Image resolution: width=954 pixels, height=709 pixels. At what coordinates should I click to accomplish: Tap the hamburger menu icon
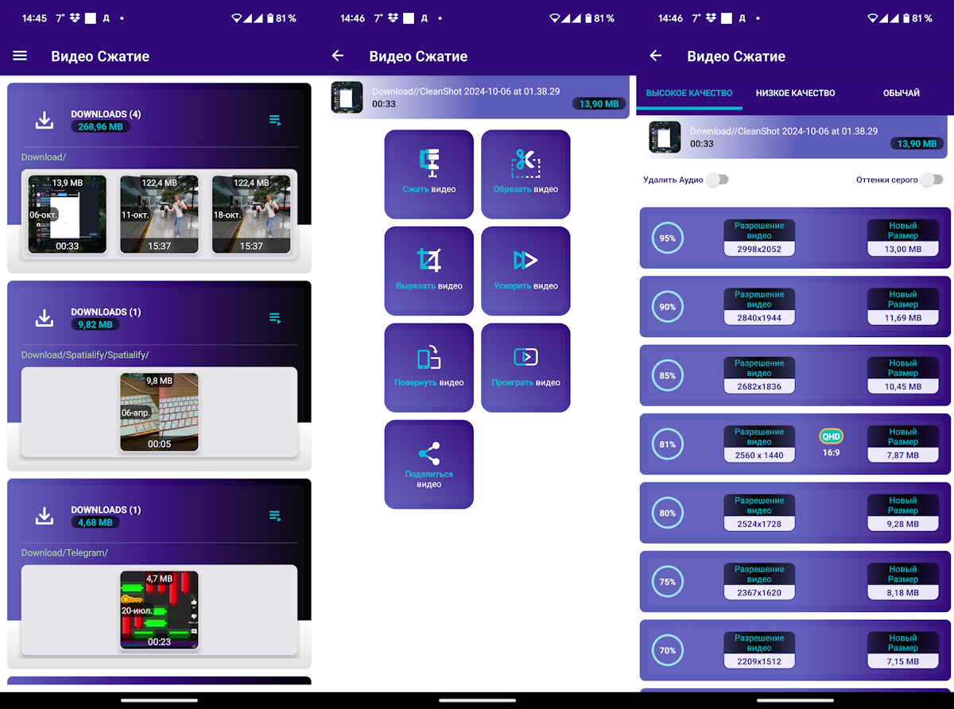pyautogui.click(x=20, y=56)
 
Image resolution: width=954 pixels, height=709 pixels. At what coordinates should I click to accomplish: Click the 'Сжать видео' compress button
pyautogui.click(x=429, y=174)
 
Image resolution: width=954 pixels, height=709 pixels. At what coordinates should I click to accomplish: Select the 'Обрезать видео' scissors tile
pyautogui.click(x=525, y=174)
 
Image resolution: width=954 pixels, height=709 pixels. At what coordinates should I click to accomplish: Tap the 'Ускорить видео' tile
pyautogui.click(x=525, y=271)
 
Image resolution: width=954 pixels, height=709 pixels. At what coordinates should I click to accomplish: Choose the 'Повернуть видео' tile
pyautogui.click(x=429, y=368)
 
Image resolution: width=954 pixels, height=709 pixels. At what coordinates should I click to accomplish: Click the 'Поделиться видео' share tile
pyautogui.click(x=429, y=464)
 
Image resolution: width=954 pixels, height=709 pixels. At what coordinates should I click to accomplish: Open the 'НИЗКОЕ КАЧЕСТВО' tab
pyautogui.click(x=795, y=93)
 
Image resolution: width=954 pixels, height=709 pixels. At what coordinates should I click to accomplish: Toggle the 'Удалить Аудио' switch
pyautogui.click(x=718, y=180)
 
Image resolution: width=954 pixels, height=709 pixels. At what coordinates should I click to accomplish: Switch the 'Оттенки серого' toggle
pyautogui.click(x=932, y=180)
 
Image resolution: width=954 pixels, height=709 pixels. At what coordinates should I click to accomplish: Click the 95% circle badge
pyautogui.click(x=668, y=238)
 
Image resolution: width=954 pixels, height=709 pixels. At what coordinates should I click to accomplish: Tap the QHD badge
pyautogui.click(x=831, y=436)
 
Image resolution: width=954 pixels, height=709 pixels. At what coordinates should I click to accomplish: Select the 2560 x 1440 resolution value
pyautogui.click(x=759, y=455)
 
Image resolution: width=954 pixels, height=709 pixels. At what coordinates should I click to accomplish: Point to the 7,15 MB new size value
pyautogui.click(x=903, y=661)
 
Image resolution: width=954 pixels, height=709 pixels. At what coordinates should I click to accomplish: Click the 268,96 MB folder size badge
pyautogui.click(x=100, y=127)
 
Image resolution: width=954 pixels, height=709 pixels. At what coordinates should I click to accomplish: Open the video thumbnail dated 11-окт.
pyautogui.click(x=159, y=214)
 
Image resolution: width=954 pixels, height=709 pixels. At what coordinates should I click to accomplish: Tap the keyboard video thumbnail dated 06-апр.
pyautogui.click(x=159, y=412)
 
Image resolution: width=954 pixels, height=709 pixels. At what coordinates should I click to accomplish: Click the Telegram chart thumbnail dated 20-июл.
pyautogui.click(x=159, y=610)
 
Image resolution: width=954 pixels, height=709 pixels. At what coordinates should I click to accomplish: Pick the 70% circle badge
pyautogui.click(x=668, y=650)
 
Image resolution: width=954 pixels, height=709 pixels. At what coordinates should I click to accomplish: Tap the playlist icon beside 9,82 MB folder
pyautogui.click(x=275, y=318)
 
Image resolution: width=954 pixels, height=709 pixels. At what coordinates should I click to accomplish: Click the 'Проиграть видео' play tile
pyautogui.click(x=525, y=368)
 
